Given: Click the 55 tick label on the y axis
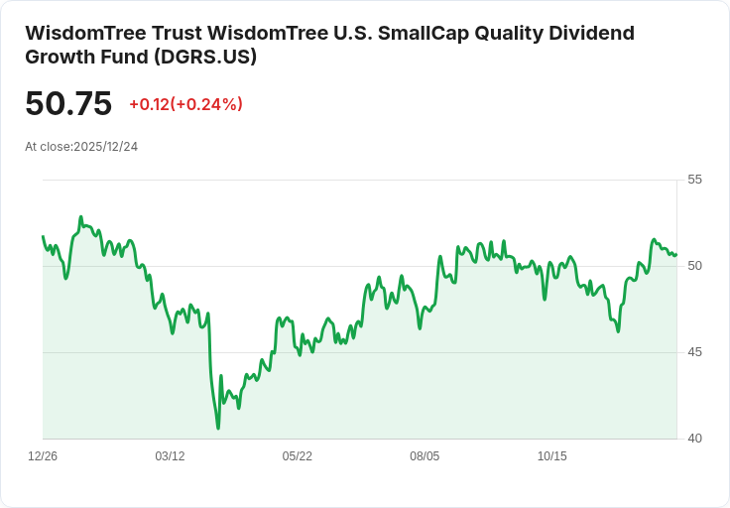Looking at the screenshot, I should pos(695,180).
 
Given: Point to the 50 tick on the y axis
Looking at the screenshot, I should pos(695,266).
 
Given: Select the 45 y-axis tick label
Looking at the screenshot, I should pos(695,352).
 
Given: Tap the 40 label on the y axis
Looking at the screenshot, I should pos(695,439).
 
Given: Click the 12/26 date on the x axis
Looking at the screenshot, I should pos(43,456).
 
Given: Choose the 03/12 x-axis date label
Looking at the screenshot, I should pos(170,456).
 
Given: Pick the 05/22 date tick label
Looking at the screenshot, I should pos(298,456).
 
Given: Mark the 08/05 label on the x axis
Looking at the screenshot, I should pos(425,456).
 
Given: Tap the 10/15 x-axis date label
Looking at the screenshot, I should pos(552,456).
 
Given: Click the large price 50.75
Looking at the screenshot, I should pos(68,104).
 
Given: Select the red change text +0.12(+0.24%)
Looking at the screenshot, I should pos(185,104).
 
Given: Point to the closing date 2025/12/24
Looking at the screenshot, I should pos(105,147).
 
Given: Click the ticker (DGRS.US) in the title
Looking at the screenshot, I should pos(205,57).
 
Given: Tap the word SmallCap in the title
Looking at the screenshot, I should pos(426,33).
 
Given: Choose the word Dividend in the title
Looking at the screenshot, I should pos(592,33).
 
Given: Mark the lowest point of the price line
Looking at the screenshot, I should pos(218,428).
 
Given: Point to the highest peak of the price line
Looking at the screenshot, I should pos(80,216).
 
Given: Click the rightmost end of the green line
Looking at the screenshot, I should pos(675,255).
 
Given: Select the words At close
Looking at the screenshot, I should pos(48,147).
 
